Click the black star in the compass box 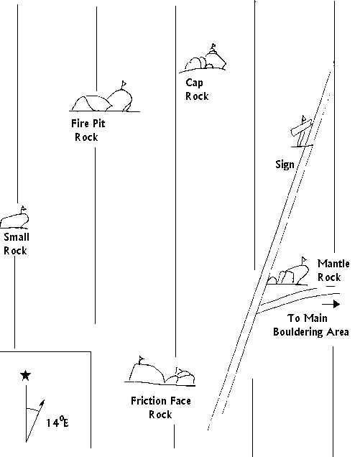(x=25, y=375)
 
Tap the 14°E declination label (x=57, y=422)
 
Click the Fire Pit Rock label (x=88, y=130)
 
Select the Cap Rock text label (x=197, y=90)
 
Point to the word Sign (x=285, y=165)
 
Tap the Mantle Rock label (x=333, y=270)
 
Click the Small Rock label (x=16, y=244)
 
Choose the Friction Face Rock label (x=161, y=407)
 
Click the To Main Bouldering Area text (x=310, y=325)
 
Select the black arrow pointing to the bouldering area (x=331, y=304)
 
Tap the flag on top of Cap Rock (x=213, y=47)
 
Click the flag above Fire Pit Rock (x=124, y=85)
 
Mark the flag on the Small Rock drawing (x=23, y=209)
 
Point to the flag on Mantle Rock (x=304, y=260)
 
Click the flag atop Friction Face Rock (x=142, y=360)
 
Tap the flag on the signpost (x=304, y=119)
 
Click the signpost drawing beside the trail (x=302, y=133)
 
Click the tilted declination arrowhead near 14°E (x=42, y=403)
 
